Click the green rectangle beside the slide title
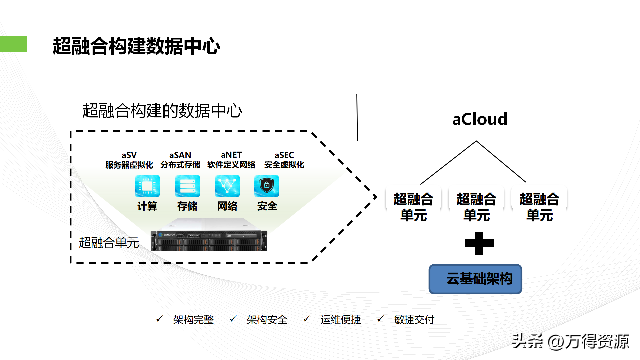coord(13,44)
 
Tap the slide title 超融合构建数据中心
coord(136,46)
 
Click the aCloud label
coord(480,119)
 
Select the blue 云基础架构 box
coord(475,279)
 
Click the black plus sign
coord(479,243)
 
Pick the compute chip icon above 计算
coord(147,186)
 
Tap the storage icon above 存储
coord(187,186)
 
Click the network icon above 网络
coord(227,186)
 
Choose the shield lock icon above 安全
coord(266,186)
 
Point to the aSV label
coord(129,155)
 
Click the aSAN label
coord(180,155)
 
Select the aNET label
coord(231,155)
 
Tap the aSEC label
coord(284,155)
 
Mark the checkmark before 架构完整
coord(159,319)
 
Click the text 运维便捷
coord(341,320)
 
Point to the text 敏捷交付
coord(414,320)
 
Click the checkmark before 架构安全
coord(233,319)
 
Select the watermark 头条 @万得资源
coord(570,341)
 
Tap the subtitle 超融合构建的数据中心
coord(162,111)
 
